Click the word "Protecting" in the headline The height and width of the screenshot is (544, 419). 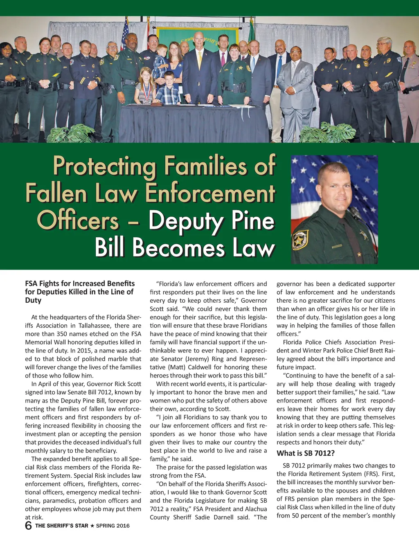(105, 166)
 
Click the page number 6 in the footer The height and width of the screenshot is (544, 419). (28, 526)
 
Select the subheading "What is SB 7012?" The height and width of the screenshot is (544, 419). (306, 453)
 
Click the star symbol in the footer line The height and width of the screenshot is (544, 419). (92, 526)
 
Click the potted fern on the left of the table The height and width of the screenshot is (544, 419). (72, 134)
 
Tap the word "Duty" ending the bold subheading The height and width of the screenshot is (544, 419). (33, 300)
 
